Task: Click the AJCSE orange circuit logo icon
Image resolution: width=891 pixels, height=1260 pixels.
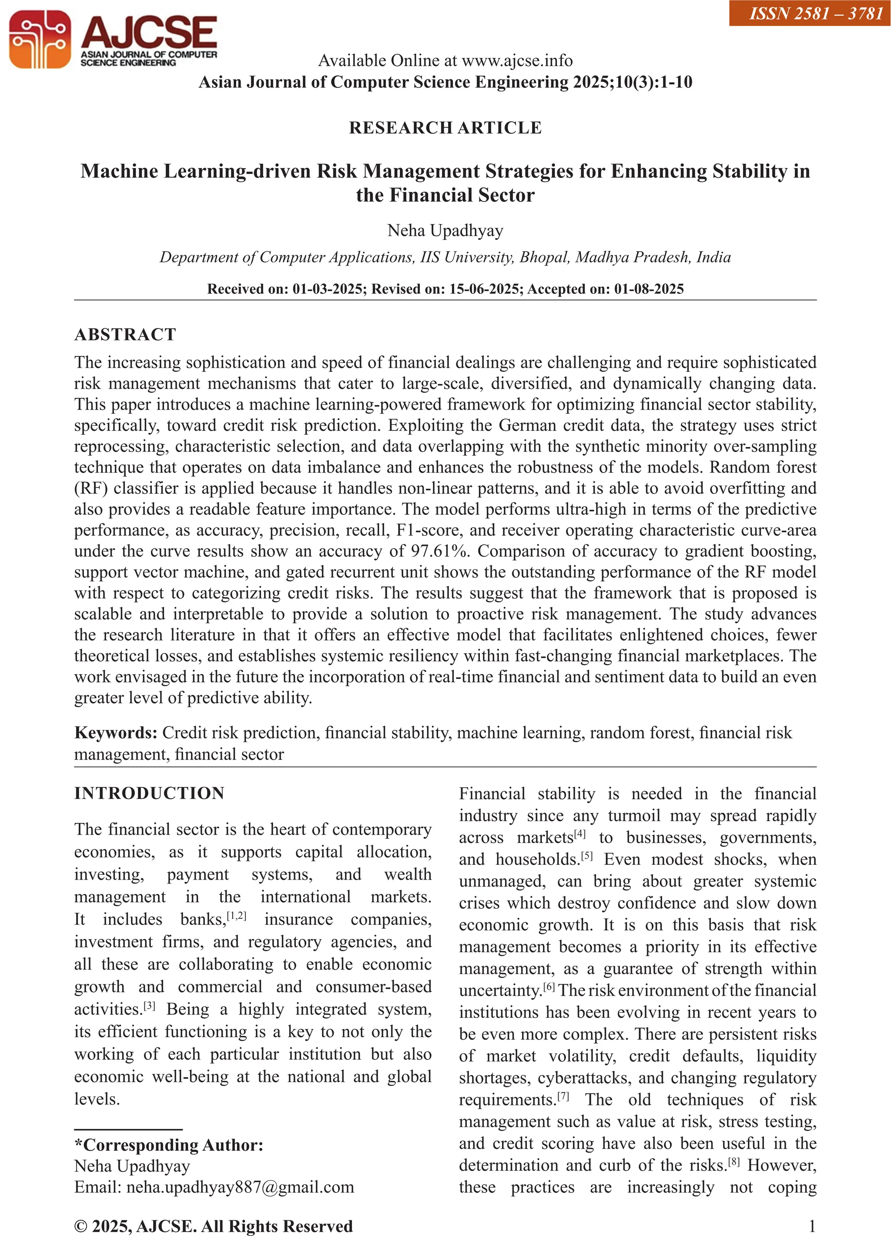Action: click(40, 40)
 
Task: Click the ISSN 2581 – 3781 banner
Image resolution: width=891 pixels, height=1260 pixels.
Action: click(810, 13)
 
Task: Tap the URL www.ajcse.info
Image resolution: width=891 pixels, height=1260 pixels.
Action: click(517, 60)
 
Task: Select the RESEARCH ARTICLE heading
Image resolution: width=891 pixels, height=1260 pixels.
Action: click(445, 128)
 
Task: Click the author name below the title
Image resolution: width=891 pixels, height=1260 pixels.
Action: click(445, 231)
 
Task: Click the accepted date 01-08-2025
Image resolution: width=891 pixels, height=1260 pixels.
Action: click(649, 289)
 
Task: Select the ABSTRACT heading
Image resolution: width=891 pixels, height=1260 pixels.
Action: click(125, 334)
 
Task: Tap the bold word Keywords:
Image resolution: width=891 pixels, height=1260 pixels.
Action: click(116, 732)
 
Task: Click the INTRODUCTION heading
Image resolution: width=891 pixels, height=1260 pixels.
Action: click(149, 793)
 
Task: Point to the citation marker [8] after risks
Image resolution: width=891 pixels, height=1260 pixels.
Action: click(734, 1161)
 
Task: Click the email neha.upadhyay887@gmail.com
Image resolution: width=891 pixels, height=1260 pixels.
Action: click(240, 1187)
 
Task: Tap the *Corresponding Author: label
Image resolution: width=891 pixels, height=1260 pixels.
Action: click(169, 1145)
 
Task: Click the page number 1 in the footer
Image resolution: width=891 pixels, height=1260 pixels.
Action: click(812, 1226)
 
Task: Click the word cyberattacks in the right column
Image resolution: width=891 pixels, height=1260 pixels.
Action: click(583, 1078)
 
